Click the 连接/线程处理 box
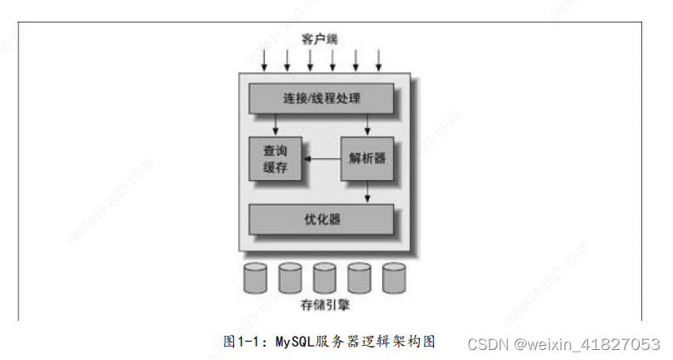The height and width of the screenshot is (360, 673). tap(322, 98)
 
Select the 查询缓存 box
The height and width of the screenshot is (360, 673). tap(276, 157)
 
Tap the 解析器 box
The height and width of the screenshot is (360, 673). tap(367, 157)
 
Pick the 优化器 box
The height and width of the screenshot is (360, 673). tap(322, 219)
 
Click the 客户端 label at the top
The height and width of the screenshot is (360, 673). tap(321, 38)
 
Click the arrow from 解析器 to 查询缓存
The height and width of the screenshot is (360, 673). tap(321, 158)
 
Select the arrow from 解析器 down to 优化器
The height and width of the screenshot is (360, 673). tap(367, 192)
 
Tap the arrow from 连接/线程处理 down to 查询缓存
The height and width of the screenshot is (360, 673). tap(276, 124)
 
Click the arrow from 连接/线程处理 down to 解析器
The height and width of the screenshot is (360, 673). tap(367, 124)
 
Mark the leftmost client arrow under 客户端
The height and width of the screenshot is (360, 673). tap(264, 59)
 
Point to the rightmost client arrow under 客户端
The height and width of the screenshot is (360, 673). tap(379, 59)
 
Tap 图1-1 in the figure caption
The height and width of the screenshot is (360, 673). tap(242, 342)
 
